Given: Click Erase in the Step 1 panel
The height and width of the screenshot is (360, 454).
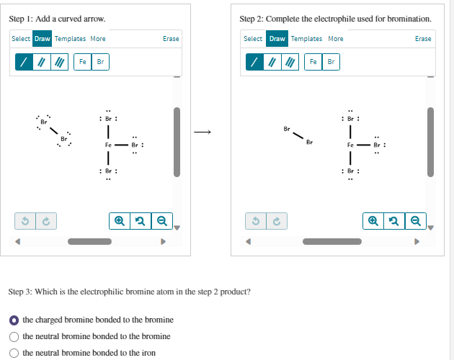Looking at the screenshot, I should (x=171, y=39).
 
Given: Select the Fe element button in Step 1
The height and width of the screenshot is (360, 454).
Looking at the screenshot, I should (x=82, y=62).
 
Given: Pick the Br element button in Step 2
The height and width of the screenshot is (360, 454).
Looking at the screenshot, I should (x=331, y=62).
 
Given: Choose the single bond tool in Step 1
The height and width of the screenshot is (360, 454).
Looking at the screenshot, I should (x=24, y=63).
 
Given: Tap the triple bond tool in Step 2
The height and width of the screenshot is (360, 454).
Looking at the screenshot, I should (x=291, y=63).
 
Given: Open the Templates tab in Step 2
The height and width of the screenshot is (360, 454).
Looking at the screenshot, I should (x=306, y=39).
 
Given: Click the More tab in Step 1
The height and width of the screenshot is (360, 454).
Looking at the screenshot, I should (x=98, y=39).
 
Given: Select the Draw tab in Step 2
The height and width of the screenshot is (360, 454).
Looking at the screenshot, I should (x=277, y=39).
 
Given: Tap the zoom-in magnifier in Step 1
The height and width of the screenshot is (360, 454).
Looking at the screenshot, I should (x=120, y=220).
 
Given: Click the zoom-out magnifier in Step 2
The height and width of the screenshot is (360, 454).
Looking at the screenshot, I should (x=414, y=220).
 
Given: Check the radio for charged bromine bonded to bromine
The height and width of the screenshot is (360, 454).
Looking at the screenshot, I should (x=14, y=320).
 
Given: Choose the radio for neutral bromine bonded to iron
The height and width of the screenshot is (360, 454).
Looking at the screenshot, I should (x=14, y=353).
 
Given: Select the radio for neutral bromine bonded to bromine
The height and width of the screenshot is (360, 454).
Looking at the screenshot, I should (x=14, y=336).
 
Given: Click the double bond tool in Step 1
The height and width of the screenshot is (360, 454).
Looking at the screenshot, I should (x=43, y=63).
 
